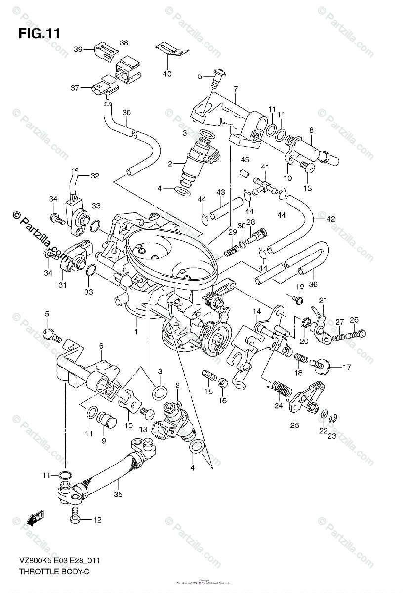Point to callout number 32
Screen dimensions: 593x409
(x=94, y=175)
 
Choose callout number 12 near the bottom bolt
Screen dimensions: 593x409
(x=97, y=520)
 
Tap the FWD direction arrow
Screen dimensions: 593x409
(x=36, y=518)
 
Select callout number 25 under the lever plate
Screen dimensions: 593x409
(x=294, y=425)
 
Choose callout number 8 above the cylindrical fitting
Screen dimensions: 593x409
(x=311, y=130)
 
